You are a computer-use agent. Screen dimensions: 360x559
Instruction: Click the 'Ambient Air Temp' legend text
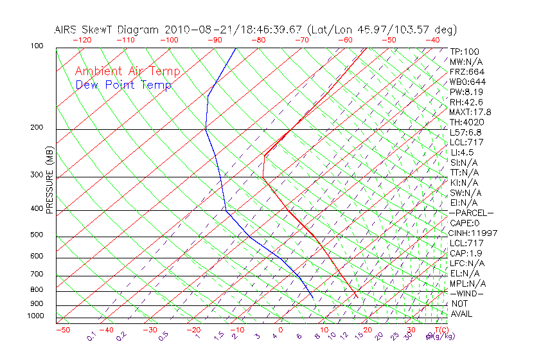tap(127, 71)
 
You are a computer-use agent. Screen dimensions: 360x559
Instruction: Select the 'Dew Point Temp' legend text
tap(123, 85)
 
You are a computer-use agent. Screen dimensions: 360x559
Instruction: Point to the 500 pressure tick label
tap(36, 235)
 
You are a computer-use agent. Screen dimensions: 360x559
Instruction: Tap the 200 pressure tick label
tap(36, 128)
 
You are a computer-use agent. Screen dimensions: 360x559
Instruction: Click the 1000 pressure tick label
tap(35, 316)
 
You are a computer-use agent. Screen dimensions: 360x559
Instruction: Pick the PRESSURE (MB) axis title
tap(49, 181)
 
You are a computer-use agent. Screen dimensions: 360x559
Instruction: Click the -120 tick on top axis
tap(82, 40)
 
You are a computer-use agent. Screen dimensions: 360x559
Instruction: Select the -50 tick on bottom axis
tap(62, 330)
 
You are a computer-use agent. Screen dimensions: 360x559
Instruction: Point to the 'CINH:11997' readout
tap(474, 233)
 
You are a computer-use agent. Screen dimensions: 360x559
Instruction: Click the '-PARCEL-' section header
tap(472, 213)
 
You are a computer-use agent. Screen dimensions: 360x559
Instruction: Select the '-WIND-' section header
tap(467, 293)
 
